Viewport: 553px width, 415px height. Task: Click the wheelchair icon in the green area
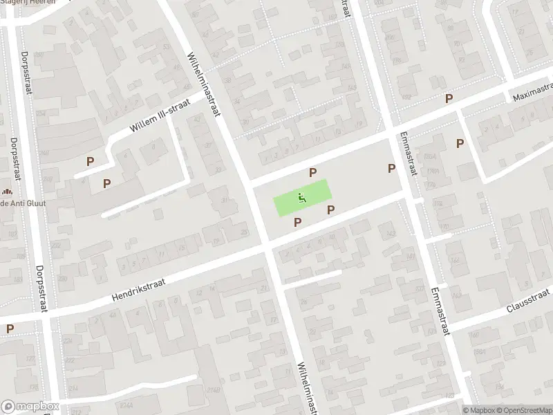pyautogui.click(x=302, y=198)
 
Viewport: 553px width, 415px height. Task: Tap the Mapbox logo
pyautogui.click(x=29, y=407)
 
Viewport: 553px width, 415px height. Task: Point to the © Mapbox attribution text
pyautogui.click(x=477, y=409)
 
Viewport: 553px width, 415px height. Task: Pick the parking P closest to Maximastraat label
pyautogui.click(x=449, y=99)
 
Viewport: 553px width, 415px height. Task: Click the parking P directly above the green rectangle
pyautogui.click(x=313, y=172)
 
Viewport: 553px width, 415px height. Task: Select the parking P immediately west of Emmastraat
pyautogui.click(x=391, y=168)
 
